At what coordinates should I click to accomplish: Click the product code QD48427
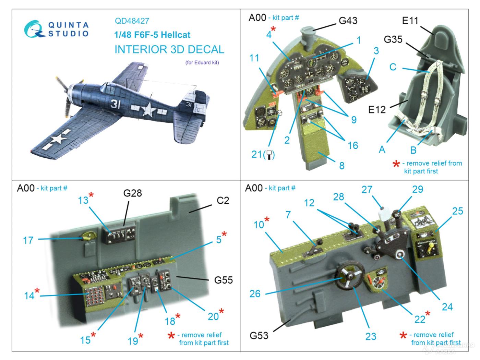[x=132, y=21]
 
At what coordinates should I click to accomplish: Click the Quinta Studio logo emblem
[x=33, y=29]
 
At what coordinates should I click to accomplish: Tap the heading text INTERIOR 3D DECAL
[x=169, y=49]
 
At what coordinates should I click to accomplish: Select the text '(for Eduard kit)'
[x=202, y=62]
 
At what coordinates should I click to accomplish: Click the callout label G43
[x=348, y=21]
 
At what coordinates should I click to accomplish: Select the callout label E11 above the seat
[x=410, y=21]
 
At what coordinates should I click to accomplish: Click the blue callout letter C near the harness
[x=393, y=67]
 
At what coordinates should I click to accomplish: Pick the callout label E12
[x=377, y=109]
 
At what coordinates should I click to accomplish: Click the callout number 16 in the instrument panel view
[x=352, y=145]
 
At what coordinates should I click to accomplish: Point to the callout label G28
[x=132, y=193]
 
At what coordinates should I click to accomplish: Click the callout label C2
[x=223, y=200]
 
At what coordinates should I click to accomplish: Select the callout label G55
[x=223, y=280]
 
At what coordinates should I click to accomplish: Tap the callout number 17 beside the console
[x=28, y=240]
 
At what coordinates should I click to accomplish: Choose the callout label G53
[x=259, y=335]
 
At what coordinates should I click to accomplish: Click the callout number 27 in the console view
[x=367, y=189]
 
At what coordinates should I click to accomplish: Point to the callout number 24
[x=447, y=307]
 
